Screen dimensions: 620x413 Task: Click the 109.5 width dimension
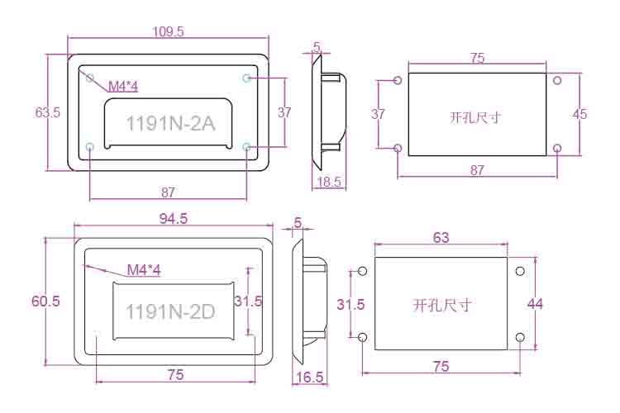click(169, 31)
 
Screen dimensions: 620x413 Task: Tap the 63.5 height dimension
click(48, 112)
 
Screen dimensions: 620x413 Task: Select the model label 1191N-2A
click(170, 124)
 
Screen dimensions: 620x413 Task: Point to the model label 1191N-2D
click(170, 311)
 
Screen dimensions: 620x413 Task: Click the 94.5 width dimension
click(174, 219)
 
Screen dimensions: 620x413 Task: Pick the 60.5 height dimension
click(45, 301)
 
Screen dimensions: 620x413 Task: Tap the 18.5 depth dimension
click(329, 182)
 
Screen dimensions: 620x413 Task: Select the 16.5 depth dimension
click(310, 377)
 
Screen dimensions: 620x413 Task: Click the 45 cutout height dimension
click(579, 114)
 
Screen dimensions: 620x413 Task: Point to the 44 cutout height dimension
click(535, 304)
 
